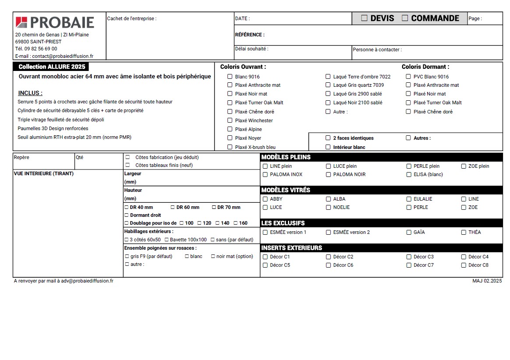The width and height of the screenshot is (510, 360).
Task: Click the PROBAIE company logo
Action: [x=55, y=22]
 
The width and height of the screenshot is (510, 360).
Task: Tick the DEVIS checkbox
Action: [x=364, y=18]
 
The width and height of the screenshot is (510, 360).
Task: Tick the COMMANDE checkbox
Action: [x=405, y=18]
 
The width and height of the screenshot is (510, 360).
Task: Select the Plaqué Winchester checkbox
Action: [x=230, y=120]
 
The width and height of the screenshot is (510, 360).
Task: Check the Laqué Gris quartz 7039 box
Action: [x=328, y=85]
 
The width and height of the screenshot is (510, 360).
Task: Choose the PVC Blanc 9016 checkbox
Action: [x=408, y=77]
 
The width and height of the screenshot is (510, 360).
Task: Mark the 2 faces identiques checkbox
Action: [x=328, y=138]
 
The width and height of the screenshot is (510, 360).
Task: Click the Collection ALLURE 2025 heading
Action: [x=52, y=67]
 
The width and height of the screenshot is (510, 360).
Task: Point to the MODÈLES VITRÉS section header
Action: [x=286, y=190]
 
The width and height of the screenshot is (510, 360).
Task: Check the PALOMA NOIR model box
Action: [x=328, y=174]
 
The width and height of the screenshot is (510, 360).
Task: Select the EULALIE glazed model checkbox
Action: [x=409, y=199]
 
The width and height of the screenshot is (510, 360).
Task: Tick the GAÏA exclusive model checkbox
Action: [x=409, y=232]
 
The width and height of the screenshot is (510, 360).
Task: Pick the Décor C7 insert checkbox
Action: [x=409, y=265]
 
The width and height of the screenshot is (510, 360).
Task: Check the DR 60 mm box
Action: [x=173, y=207]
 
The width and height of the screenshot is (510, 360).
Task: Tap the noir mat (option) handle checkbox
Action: [x=213, y=256]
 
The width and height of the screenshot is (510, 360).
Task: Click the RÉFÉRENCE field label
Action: [x=250, y=35]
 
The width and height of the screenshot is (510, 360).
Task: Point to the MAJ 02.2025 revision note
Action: [x=487, y=281]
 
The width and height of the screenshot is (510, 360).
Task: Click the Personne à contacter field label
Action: [x=377, y=49]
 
